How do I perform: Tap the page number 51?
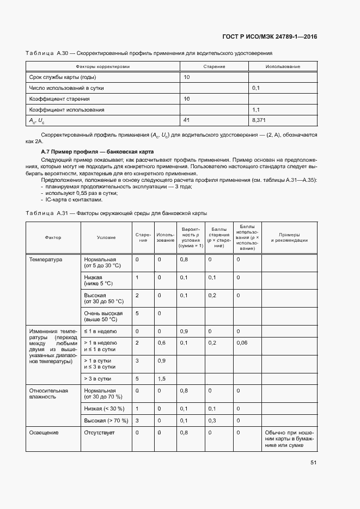(314, 463)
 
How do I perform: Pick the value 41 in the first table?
(187, 120)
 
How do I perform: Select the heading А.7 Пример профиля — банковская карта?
(97, 151)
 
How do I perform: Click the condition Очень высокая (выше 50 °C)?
(103, 316)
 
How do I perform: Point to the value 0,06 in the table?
(241, 342)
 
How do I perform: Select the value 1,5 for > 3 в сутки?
(162, 378)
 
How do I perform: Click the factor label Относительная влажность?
(48, 394)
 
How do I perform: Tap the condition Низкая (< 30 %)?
(104, 408)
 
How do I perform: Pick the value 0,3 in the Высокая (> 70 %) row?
(212, 421)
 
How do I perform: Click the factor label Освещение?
(44, 433)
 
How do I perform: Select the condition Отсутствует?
(100, 433)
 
